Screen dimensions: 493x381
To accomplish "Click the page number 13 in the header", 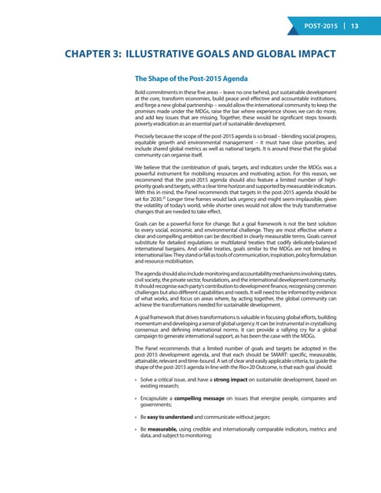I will click(x=355, y=25).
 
